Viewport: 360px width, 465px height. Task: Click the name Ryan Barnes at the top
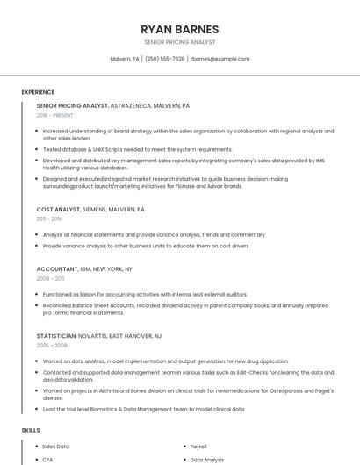pos(179,29)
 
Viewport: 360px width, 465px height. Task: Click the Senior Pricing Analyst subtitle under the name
pos(179,42)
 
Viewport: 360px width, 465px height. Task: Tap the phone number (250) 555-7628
pos(164,59)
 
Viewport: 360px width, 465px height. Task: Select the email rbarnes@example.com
pos(220,59)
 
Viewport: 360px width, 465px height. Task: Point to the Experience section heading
pos(38,91)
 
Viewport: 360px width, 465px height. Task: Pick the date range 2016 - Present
pos(55,115)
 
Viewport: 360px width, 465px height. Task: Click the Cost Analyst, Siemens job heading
pos(90,210)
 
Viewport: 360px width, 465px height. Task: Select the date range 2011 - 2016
pos(49,219)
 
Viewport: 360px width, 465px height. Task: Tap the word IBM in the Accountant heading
pos(86,269)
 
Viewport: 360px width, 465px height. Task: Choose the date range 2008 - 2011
pos(50,279)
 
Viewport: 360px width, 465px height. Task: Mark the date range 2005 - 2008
pos(51,346)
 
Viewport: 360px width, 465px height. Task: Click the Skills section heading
pos(31,431)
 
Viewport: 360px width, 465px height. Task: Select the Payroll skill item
pos(198,447)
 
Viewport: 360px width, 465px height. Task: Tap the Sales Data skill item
pos(56,447)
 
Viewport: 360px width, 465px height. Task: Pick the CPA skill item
pos(47,459)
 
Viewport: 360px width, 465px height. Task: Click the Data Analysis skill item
pos(207,459)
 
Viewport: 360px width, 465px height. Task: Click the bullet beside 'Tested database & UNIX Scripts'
pos(36,149)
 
